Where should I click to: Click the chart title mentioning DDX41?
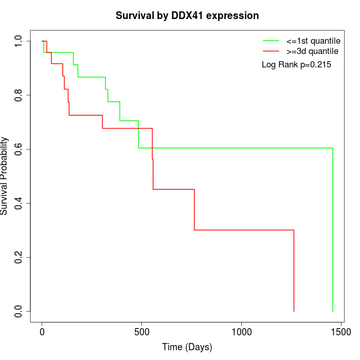click(187, 15)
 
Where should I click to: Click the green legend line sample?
click(271, 40)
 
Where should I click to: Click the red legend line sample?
click(271, 51)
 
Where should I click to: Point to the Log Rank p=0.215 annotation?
click(296, 65)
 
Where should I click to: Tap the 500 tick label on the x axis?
click(142, 332)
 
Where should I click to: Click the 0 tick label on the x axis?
click(42, 332)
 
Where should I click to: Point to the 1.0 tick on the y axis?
click(19, 41)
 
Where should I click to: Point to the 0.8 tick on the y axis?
click(19, 95)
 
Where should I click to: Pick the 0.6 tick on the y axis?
click(19, 149)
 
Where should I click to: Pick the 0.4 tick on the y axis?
click(19, 203)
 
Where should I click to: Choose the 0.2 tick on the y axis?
click(19, 257)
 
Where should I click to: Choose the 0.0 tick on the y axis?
click(19, 311)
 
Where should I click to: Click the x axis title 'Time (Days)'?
click(187, 347)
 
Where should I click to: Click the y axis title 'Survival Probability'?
click(5, 176)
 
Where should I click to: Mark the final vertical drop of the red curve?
click(294, 271)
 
